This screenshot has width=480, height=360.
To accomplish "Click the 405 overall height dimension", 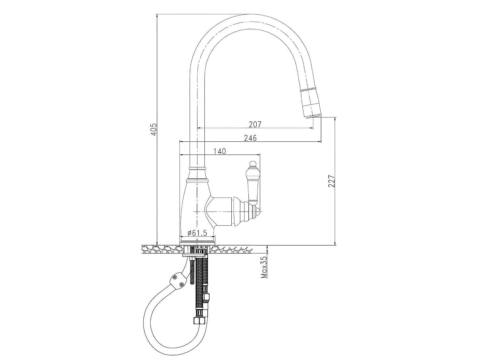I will click(x=154, y=129).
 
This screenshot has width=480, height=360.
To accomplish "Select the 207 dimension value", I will click(x=255, y=124).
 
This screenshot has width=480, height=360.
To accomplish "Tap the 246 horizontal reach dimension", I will click(x=250, y=138).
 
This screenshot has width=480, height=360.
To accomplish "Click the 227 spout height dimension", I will click(x=332, y=181).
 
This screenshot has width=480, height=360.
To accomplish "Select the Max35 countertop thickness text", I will click(x=264, y=267).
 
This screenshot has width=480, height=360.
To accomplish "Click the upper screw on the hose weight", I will click(x=174, y=277).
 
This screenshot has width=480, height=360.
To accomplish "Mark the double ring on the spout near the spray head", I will click(x=308, y=88).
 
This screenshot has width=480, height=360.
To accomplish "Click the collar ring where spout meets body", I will click(x=197, y=168).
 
